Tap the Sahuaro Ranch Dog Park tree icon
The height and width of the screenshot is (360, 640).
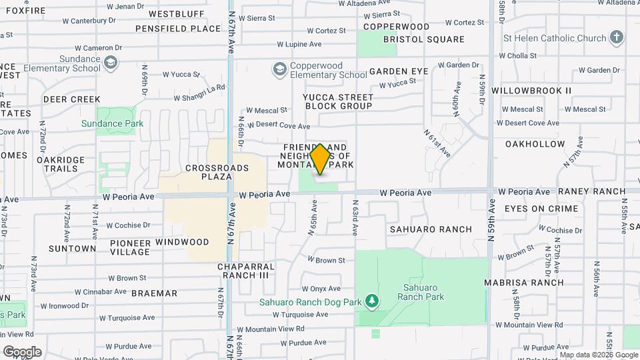pos(372,302)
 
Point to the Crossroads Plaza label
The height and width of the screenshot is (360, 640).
pos(208,172)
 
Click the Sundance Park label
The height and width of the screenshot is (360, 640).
pos(112,123)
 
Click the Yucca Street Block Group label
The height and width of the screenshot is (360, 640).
pos(337,101)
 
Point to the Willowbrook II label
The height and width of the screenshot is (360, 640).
pos(531,90)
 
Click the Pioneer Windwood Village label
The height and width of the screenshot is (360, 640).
pos(136,247)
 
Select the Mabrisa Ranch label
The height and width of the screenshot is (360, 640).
pos(533,282)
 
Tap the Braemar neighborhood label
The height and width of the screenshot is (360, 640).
pos(154,293)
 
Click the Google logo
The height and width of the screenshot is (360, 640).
pos(21,351)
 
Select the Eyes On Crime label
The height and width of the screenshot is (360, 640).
pos(541,209)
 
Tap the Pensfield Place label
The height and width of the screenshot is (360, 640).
pos(177,29)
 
